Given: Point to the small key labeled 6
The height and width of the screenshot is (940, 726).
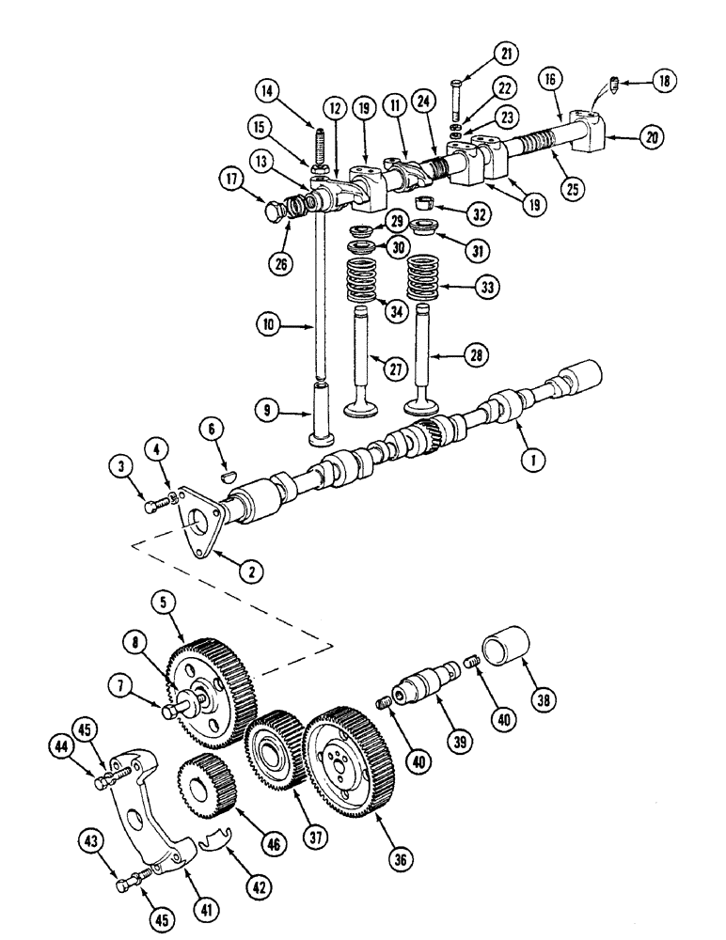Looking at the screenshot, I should tap(225, 475).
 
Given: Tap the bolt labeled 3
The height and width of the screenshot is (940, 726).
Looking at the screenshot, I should tap(155, 506).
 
